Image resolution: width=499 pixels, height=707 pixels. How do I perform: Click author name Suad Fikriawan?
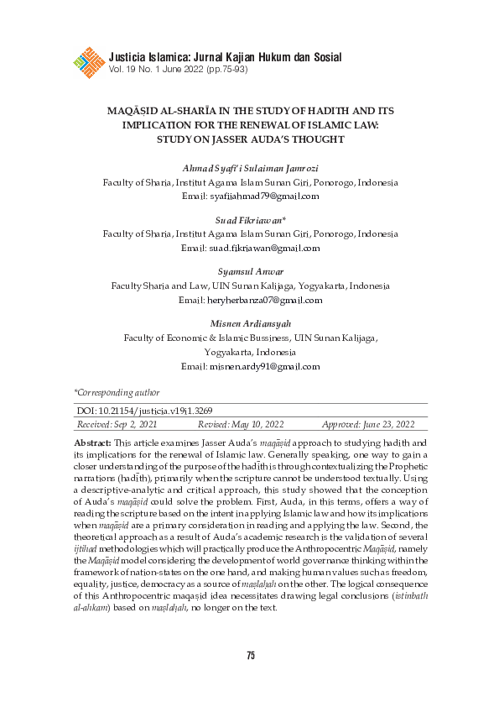coord(248,223)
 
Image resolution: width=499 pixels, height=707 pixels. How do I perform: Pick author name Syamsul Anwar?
coord(250,273)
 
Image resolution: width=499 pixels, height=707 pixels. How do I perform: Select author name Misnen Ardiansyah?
coord(250,324)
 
